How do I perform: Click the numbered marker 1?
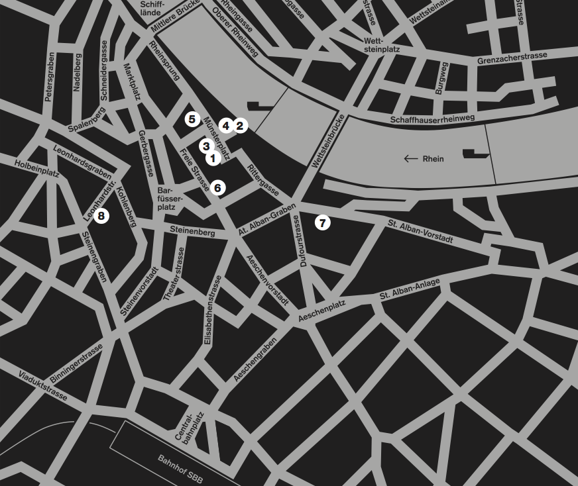tap(213, 158)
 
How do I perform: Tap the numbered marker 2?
tap(240, 125)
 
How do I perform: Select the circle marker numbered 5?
tap(192, 119)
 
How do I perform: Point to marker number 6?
tap(218, 187)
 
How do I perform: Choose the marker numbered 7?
tap(322, 222)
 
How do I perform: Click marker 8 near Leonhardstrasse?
tap(101, 216)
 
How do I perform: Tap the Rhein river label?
tap(433, 159)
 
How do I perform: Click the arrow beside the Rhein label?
tap(411, 159)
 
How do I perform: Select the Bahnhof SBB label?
tap(180, 468)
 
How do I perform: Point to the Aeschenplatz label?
tap(322, 315)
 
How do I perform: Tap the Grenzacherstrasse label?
tap(512, 59)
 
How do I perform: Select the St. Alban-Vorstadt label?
tap(420, 231)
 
